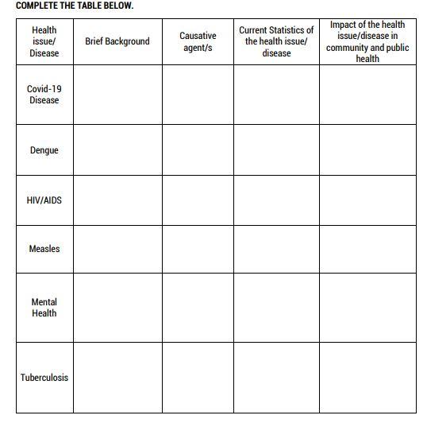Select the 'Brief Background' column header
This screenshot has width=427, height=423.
pyautogui.click(x=117, y=41)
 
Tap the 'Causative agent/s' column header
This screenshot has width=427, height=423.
pyautogui.click(x=198, y=41)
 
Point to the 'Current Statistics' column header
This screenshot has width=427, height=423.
pyautogui.click(x=276, y=41)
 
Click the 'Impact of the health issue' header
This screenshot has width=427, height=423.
pyautogui.click(x=367, y=41)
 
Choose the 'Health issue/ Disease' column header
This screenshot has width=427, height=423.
pyautogui.click(x=44, y=41)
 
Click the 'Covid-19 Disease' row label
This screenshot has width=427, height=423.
pyautogui.click(x=44, y=95)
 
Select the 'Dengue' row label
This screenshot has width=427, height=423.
pyautogui.click(x=44, y=150)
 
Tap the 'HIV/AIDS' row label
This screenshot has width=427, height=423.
pyautogui.click(x=44, y=200)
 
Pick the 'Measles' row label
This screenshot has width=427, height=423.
pyautogui.click(x=44, y=249)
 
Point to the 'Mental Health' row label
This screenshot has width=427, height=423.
pyautogui.click(x=44, y=308)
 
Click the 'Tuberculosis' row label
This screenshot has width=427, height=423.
pyautogui.click(x=44, y=378)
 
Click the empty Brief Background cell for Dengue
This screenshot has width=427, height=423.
pyautogui.click(x=117, y=150)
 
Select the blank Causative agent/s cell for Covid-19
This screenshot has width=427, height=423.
pyautogui.click(x=198, y=95)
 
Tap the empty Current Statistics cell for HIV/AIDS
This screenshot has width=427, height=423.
pyautogui.click(x=276, y=200)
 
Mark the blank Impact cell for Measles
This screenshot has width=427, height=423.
pyautogui.click(x=367, y=249)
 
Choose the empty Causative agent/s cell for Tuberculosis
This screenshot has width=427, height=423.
pyautogui.click(x=198, y=378)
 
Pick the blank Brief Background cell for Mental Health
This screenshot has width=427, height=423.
pyautogui.click(x=117, y=308)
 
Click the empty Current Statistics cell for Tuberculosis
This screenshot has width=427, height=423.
pyautogui.click(x=276, y=378)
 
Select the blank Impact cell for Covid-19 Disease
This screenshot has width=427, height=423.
pyautogui.click(x=367, y=95)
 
